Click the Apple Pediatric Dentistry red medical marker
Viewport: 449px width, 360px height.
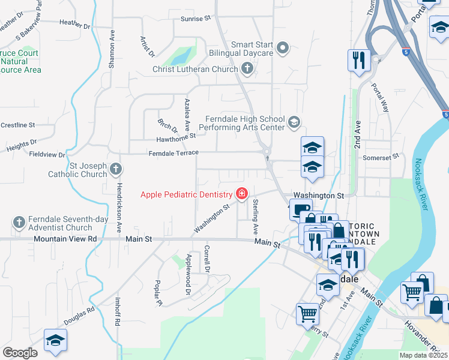coord(241,194)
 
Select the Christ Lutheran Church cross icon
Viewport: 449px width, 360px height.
coord(247,69)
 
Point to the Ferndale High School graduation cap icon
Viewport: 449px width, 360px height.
coord(294,123)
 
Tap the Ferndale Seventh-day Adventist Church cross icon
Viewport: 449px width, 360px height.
coord(19,223)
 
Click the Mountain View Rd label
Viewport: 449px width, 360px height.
coord(65,239)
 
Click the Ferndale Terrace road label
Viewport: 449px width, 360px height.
coord(173,153)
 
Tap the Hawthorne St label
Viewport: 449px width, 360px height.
coord(176,137)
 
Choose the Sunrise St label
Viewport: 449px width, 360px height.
coord(196,19)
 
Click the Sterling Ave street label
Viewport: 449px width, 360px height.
coord(255,216)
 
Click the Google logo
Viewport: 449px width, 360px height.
coord(20,353)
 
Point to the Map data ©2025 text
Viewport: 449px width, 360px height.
coord(423,355)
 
